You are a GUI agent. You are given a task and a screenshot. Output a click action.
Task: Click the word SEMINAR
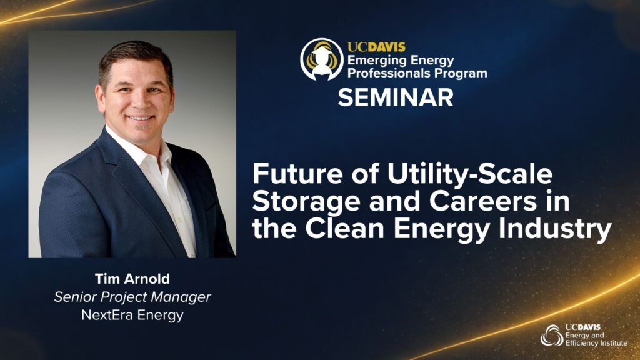click(x=396, y=97)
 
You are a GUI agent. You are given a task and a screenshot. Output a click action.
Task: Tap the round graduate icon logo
click(x=322, y=59)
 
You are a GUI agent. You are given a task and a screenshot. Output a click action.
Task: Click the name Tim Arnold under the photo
click(x=132, y=279)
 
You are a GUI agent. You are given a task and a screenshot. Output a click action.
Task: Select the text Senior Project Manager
click(x=132, y=297)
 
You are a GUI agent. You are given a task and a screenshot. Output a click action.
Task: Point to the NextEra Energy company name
click(x=132, y=315)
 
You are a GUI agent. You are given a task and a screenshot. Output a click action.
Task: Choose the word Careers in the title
click(x=483, y=201)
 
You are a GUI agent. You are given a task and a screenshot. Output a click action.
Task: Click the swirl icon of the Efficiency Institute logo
click(x=552, y=336)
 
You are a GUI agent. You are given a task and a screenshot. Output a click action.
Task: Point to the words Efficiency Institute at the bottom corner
click(x=596, y=343)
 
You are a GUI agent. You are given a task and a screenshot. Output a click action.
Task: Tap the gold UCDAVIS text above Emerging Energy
click(x=376, y=47)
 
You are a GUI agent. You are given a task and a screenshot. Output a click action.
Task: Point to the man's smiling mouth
click(x=139, y=117)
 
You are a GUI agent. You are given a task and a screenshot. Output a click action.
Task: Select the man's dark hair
click(x=136, y=57)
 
